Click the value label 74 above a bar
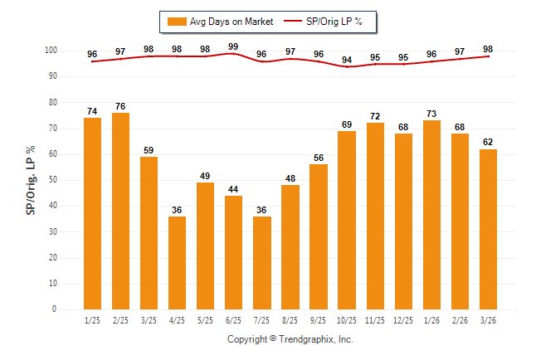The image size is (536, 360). (92, 110)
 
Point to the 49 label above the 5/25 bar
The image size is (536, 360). (205, 175)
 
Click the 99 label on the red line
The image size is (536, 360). (233, 46)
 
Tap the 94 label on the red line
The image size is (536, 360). (346, 60)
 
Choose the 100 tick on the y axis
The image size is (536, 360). (50, 51)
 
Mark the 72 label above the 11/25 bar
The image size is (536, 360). (374, 115)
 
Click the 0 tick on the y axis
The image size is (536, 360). (54, 309)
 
